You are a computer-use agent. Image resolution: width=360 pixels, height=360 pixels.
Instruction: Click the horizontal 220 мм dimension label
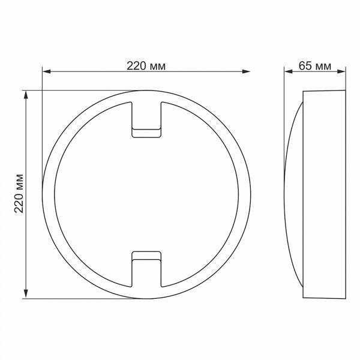[x=146, y=66]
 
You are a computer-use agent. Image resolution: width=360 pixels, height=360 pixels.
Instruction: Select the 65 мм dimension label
[x=314, y=66]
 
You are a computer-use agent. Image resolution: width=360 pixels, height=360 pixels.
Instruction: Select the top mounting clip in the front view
[x=146, y=119]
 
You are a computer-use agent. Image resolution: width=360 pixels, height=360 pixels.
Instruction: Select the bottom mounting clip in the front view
[x=146, y=268]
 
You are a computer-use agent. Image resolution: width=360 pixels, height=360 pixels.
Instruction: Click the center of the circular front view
[x=146, y=194]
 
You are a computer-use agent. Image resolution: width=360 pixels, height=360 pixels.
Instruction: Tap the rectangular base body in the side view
[x=325, y=194]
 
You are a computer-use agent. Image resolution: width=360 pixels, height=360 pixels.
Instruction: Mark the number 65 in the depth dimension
[x=305, y=66]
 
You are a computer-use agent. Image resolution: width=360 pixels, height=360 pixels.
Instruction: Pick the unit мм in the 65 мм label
[x=323, y=66]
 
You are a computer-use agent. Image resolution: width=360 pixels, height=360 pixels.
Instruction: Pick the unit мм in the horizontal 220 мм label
[x=157, y=66]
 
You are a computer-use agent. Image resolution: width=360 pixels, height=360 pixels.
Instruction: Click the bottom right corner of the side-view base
[x=346, y=297]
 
